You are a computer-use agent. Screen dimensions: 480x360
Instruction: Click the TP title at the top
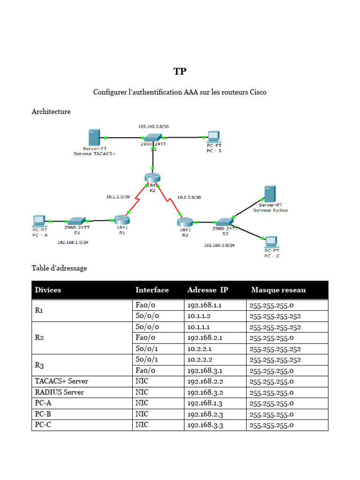180,72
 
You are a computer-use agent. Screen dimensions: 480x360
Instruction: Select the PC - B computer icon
213,137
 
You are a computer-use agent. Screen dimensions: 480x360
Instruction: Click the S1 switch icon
76,220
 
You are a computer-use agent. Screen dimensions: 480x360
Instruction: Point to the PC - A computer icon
38,220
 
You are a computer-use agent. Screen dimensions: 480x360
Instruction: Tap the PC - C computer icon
271,242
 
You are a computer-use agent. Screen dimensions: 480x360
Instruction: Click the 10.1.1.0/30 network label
118,197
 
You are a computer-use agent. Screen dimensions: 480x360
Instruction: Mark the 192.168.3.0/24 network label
219,245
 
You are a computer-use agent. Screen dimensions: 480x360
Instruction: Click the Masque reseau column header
278,290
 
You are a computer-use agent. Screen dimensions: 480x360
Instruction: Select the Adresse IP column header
208,290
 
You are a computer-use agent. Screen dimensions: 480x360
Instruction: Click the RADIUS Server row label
59,392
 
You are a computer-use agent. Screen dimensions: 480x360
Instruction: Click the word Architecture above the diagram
51,112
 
